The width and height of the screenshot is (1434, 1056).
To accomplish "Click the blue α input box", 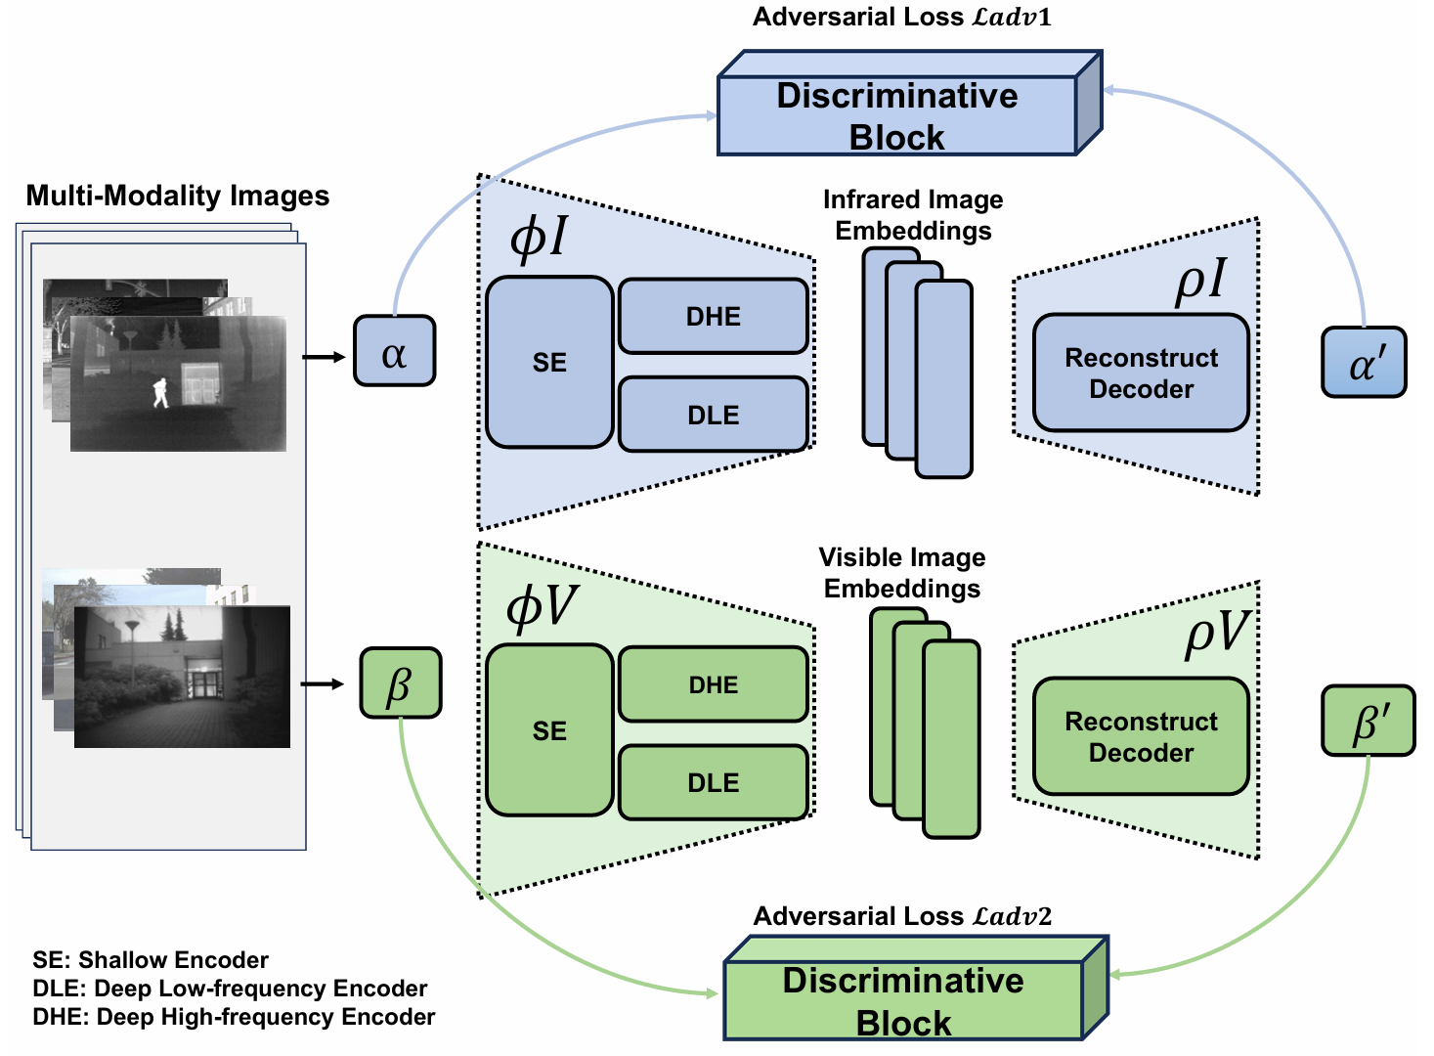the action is tap(394, 350).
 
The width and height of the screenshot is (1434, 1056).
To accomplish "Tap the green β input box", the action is tap(401, 682).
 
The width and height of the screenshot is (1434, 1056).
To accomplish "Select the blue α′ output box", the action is tap(1365, 363).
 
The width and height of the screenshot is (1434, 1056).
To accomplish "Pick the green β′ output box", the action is tap(1369, 721).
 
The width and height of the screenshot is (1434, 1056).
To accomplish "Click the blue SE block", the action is tap(549, 362).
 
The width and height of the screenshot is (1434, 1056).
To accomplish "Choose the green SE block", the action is tap(549, 730).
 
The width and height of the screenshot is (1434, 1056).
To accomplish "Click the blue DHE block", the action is tap(714, 316).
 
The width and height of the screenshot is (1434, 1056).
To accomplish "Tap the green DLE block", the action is tap(714, 782).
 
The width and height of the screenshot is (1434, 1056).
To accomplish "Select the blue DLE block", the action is tap(714, 415).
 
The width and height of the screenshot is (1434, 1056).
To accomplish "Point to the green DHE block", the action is tap(714, 683).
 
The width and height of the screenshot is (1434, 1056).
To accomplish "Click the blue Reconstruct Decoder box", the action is tap(1141, 373).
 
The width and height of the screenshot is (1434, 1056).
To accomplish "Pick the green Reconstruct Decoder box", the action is tap(1141, 736).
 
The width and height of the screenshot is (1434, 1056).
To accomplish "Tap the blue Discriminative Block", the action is tap(909, 103).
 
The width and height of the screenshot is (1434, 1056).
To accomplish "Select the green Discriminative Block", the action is tap(916, 989).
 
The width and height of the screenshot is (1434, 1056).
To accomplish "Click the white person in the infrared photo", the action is tap(160, 392).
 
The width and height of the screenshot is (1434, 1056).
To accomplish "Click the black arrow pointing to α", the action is tap(324, 357).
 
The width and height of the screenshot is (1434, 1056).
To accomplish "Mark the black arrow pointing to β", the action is tap(323, 683).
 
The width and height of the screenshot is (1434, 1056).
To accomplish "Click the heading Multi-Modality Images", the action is tap(177, 196).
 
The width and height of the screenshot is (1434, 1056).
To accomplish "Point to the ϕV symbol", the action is tap(542, 607).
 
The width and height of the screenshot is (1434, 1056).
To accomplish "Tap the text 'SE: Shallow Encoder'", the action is tap(151, 960).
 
